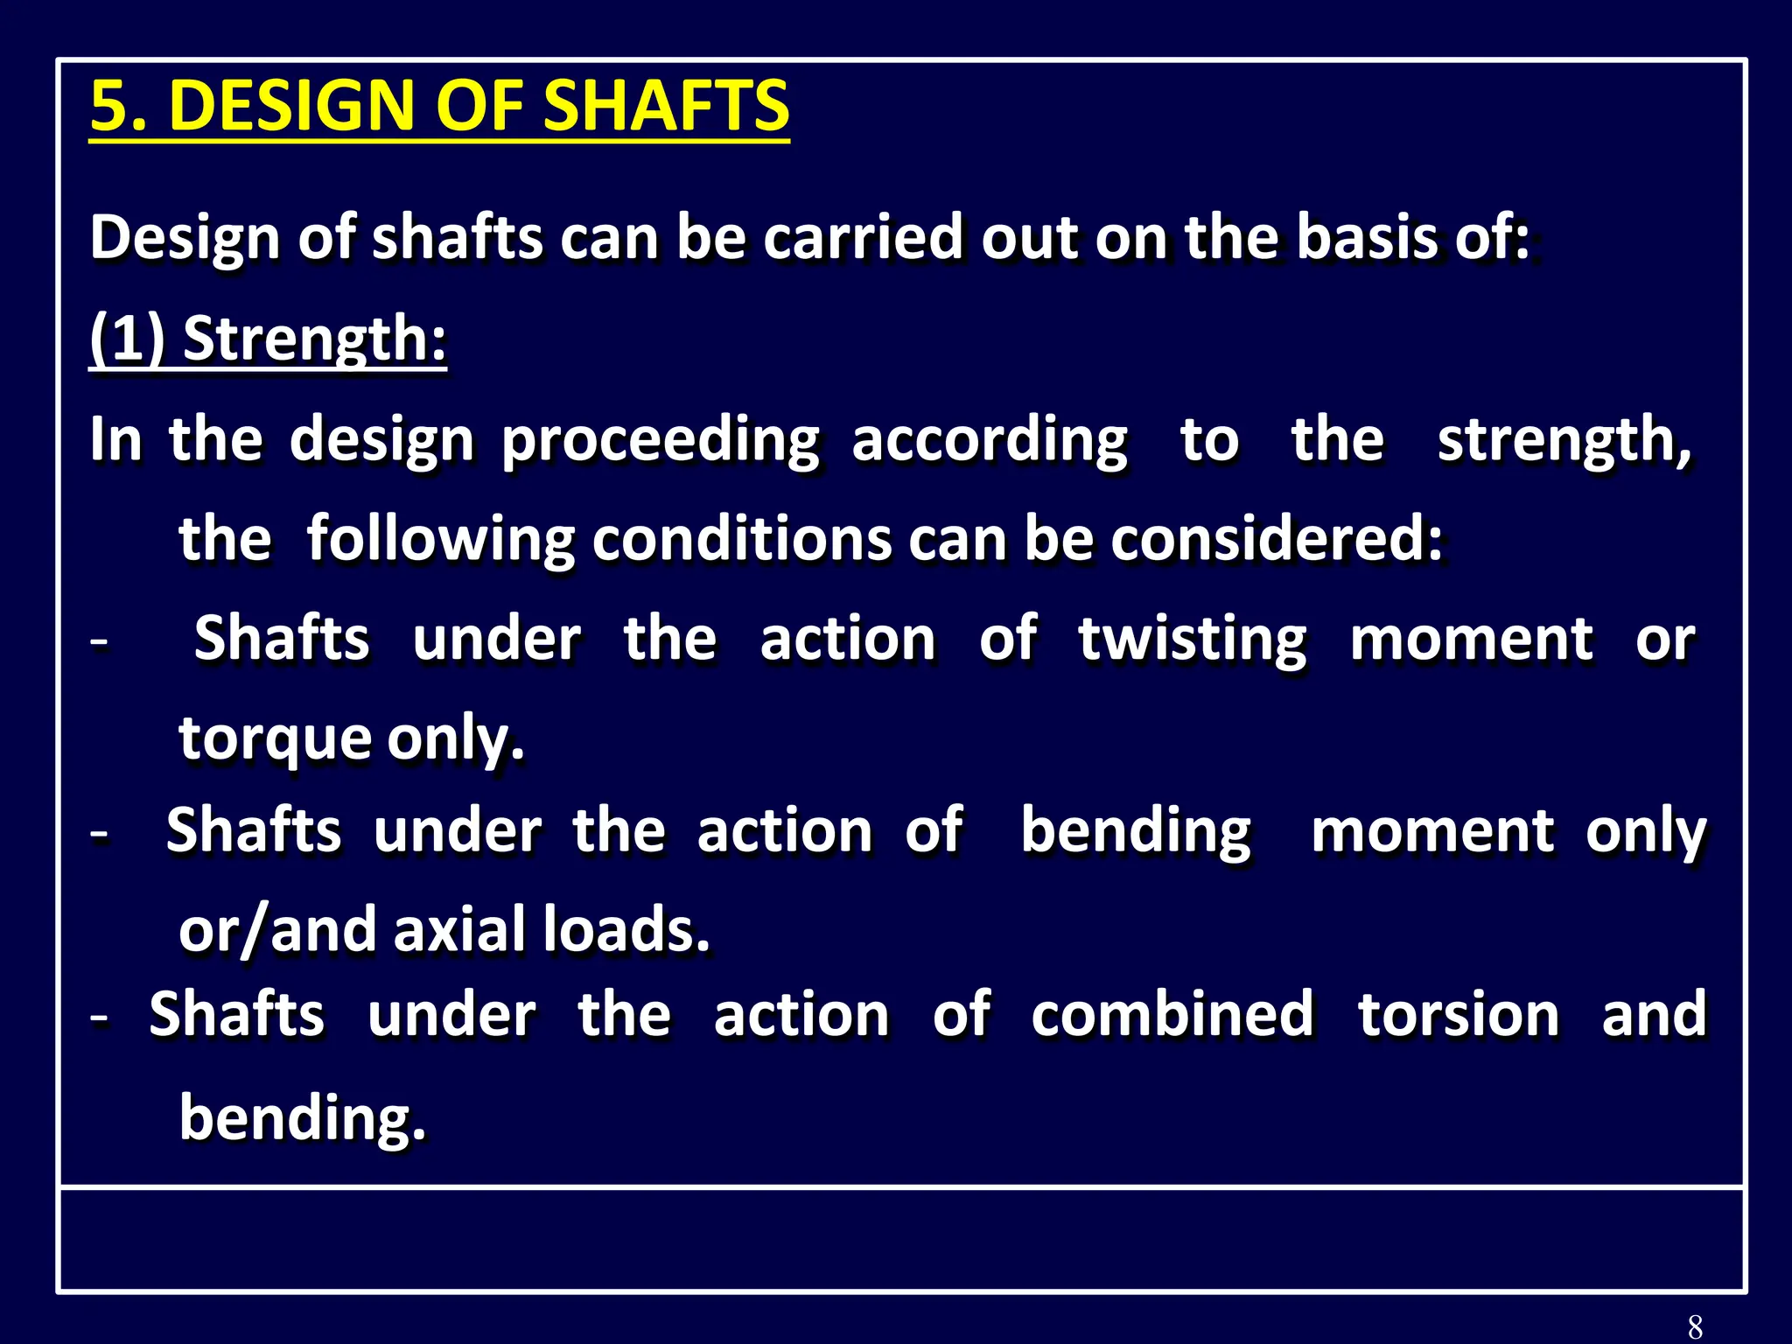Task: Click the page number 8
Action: pos(1695,1326)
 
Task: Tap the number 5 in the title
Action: pos(110,105)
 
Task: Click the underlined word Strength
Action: pos(314,339)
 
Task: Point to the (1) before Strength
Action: pos(128,339)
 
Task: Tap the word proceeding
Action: pos(661,440)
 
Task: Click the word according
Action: pos(990,440)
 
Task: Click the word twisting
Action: pos(1193,640)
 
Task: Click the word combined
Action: pos(1172,1015)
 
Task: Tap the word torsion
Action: pos(1458,1015)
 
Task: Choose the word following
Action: pos(440,539)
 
